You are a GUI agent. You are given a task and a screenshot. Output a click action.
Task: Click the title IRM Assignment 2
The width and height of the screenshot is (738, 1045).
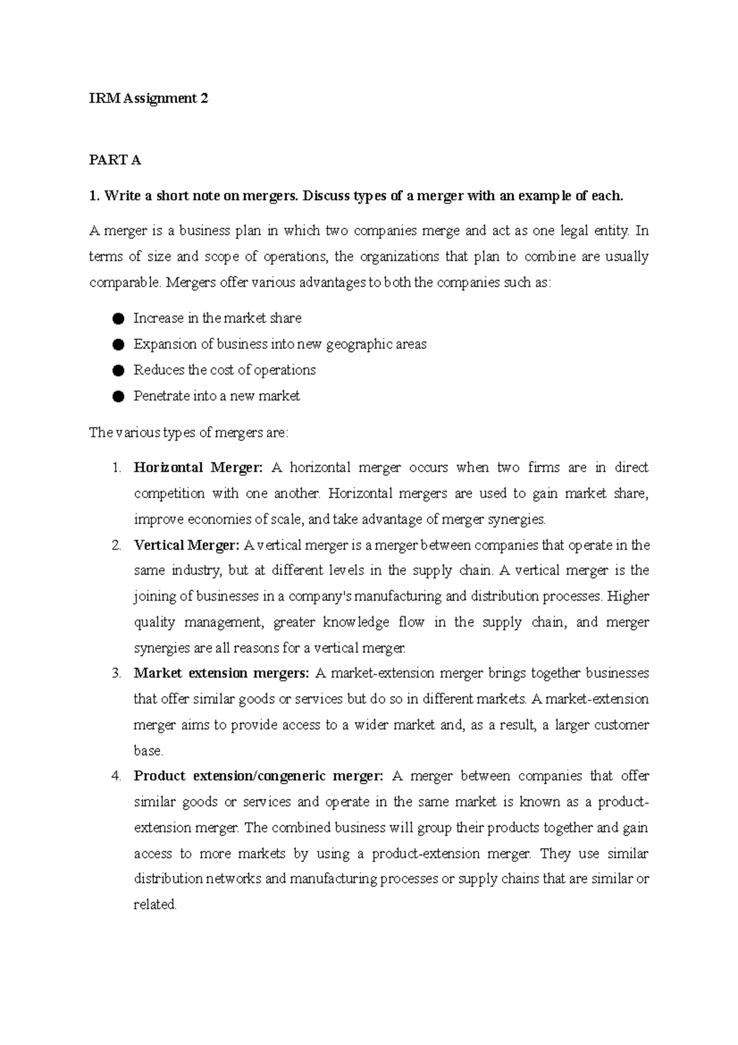click(148, 98)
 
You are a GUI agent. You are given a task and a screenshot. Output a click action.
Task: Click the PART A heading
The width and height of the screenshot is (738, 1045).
click(115, 161)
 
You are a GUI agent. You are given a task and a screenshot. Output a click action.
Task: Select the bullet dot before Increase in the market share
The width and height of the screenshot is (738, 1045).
click(119, 319)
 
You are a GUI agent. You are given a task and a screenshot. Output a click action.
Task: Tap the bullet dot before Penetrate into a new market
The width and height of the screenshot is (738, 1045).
click(119, 396)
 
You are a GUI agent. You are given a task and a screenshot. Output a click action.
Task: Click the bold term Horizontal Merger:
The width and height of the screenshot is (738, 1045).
click(198, 468)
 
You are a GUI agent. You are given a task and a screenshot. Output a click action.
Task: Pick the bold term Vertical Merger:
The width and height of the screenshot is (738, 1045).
click(186, 545)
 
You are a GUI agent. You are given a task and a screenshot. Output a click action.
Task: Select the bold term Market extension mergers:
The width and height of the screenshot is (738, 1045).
click(221, 673)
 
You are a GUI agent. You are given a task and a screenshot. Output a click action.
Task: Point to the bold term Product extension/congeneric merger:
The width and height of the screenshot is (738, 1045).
click(258, 776)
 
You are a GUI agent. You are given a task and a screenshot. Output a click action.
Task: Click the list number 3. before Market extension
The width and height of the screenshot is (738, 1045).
click(117, 673)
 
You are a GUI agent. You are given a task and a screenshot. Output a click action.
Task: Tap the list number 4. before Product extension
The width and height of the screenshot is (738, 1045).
click(117, 776)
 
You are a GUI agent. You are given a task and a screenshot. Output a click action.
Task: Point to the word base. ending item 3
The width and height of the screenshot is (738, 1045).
click(148, 751)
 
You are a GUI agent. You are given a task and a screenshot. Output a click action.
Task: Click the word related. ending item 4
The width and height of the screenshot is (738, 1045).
click(155, 905)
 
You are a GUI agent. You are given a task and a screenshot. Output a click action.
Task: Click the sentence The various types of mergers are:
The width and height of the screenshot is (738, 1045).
click(188, 433)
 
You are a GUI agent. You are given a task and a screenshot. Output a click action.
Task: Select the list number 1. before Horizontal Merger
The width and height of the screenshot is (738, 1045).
click(117, 468)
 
